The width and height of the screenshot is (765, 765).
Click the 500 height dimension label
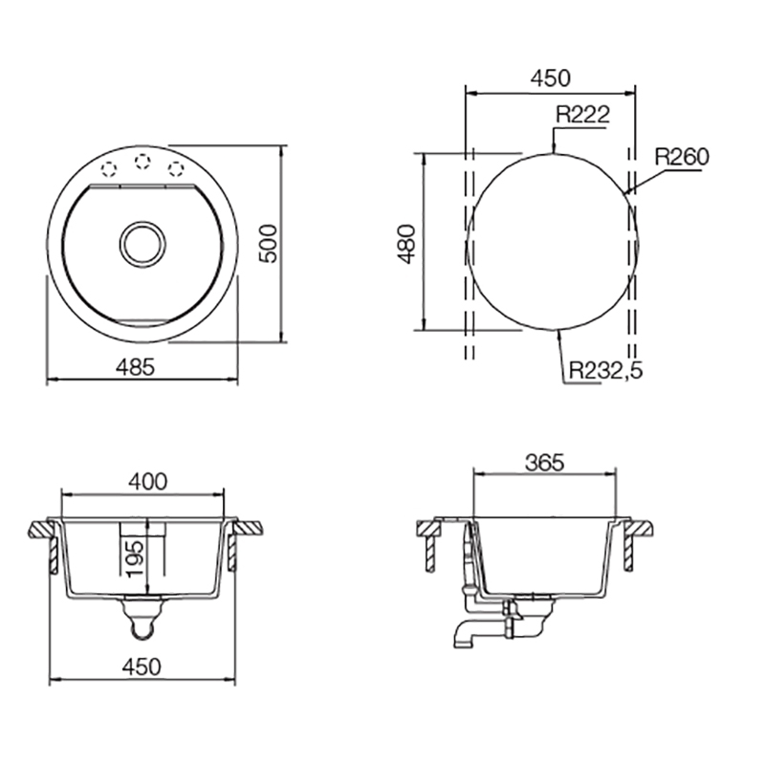click(x=268, y=244)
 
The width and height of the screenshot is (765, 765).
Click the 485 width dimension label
click(x=135, y=367)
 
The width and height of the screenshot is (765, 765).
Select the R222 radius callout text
click(x=583, y=115)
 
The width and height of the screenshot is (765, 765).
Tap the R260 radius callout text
click(x=682, y=157)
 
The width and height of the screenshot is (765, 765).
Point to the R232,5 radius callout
click(x=606, y=371)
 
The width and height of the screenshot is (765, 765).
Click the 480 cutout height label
click(x=407, y=244)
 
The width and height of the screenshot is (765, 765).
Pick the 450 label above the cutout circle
click(x=551, y=78)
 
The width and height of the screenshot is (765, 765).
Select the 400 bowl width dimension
click(x=148, y=482)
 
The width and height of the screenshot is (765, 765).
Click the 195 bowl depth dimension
click(x=135, y=557)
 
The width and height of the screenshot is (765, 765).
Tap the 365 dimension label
click(x=544, y=463)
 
